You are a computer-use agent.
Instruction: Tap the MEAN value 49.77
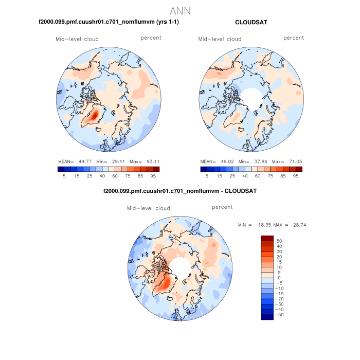coord(85,160)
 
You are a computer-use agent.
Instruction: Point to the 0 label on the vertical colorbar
coord(279,278)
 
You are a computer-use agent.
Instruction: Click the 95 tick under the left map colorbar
coord(153,176)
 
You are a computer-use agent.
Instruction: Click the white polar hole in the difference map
coord(179,266)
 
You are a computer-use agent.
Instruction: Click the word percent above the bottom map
coord(222,207)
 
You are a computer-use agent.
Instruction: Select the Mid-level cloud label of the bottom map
coord(148,208)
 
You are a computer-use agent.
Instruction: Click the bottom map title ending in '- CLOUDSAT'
coord(179,191)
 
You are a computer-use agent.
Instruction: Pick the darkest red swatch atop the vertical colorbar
coord(267,238)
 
